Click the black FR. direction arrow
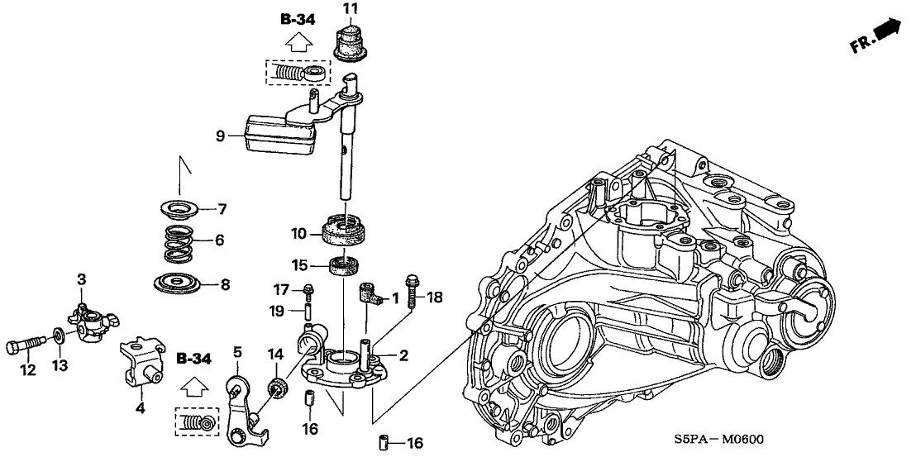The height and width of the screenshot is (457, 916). (888, 31)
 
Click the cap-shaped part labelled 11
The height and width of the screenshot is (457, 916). (351, 41)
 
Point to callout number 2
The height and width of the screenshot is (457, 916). (404, 357)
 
